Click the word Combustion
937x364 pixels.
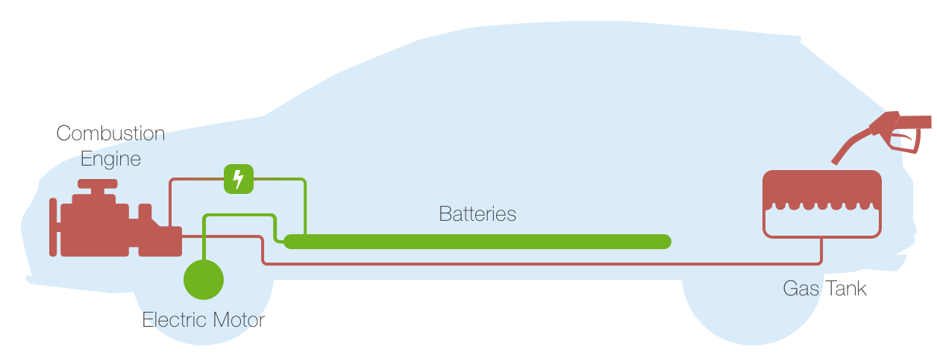pos(110,134)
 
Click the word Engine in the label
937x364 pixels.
pos(110,158)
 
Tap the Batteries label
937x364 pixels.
pos(477,214)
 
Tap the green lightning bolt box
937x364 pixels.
pos(238,179)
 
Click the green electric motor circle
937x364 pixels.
pos(204,280)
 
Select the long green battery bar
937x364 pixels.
pos(477,241)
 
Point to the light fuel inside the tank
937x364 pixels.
pos(821,222)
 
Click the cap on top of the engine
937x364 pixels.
pos(98,183)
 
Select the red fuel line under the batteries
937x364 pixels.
pos(522,263)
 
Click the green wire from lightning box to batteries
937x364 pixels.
pos(305,201)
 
